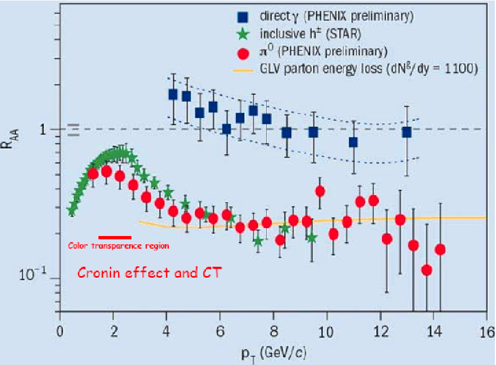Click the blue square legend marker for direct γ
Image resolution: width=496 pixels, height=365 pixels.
coord(243,16)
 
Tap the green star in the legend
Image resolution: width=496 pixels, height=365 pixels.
coord(243,34)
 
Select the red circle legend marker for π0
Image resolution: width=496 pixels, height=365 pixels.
coord(243,54)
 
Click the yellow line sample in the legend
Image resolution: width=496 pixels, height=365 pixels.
coord(243,70)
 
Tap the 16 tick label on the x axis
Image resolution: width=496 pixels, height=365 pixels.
coord(487,332)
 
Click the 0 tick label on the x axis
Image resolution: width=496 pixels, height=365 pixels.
coord(60,332)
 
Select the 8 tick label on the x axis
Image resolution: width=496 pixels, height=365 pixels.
coord(274,332)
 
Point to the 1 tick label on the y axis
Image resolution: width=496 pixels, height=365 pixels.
coord(43,130)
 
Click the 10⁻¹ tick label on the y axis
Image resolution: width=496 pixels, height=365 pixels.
coord(33,274)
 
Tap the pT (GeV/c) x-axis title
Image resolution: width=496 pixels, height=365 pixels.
coord(274,354)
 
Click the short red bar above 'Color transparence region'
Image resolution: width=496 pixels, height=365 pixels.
coord(115,238)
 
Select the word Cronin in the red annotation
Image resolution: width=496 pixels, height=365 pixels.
coord(100,272)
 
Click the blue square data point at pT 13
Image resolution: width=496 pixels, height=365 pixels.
coord(407,132)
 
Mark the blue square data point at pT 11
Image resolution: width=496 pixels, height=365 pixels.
coord(354,142)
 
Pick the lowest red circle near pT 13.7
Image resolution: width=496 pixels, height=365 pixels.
coord(427,270)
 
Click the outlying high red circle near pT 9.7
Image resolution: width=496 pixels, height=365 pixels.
coord(320,192)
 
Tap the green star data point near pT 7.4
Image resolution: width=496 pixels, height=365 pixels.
coord(258,242)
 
